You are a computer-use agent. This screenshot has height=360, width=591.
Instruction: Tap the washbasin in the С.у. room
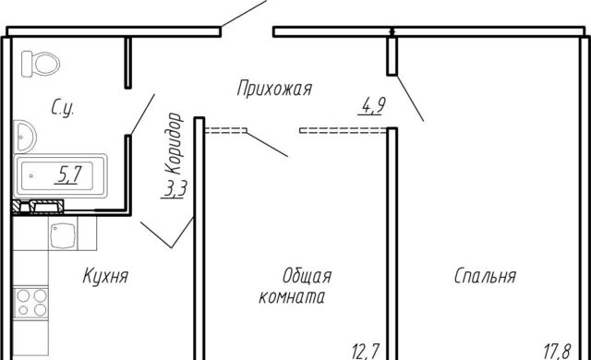[x=22, y=138]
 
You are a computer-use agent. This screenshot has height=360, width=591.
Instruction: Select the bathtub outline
[x=60, y=173]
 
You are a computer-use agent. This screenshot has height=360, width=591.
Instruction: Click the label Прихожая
[x=274, y=90]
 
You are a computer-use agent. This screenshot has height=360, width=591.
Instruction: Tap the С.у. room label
[x=63, y=109]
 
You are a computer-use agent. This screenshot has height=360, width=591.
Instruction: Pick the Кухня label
[x=104, y=276]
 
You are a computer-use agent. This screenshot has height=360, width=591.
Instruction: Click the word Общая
[x=307, y=276]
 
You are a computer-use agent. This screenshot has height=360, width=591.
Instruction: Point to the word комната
[x=292, y=298]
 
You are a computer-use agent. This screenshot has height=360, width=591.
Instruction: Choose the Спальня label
[x=484, y=276]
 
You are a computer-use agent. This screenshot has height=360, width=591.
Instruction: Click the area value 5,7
[x=67, y=173]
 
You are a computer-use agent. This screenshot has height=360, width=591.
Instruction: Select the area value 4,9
[x=373, y=106]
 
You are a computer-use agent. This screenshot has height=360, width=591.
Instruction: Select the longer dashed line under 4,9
[x=342, y=131]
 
